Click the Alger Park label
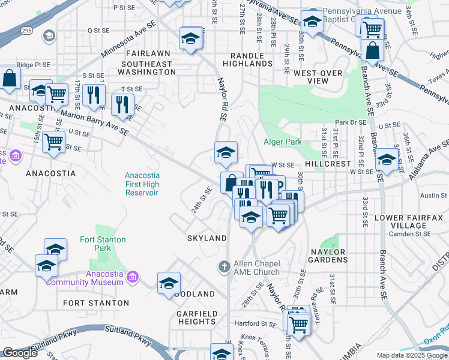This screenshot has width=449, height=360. point(282,142)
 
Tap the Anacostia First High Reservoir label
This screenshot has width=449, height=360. point(142,184)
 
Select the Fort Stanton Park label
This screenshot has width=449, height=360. point(103,244)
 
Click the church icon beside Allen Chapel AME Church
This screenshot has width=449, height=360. point(224,266)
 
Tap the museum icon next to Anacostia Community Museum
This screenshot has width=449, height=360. point(133,277)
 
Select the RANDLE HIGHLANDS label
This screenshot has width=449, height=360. point(247,59)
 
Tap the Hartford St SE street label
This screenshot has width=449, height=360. point(255,324)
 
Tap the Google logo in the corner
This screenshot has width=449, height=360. point(20,353)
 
